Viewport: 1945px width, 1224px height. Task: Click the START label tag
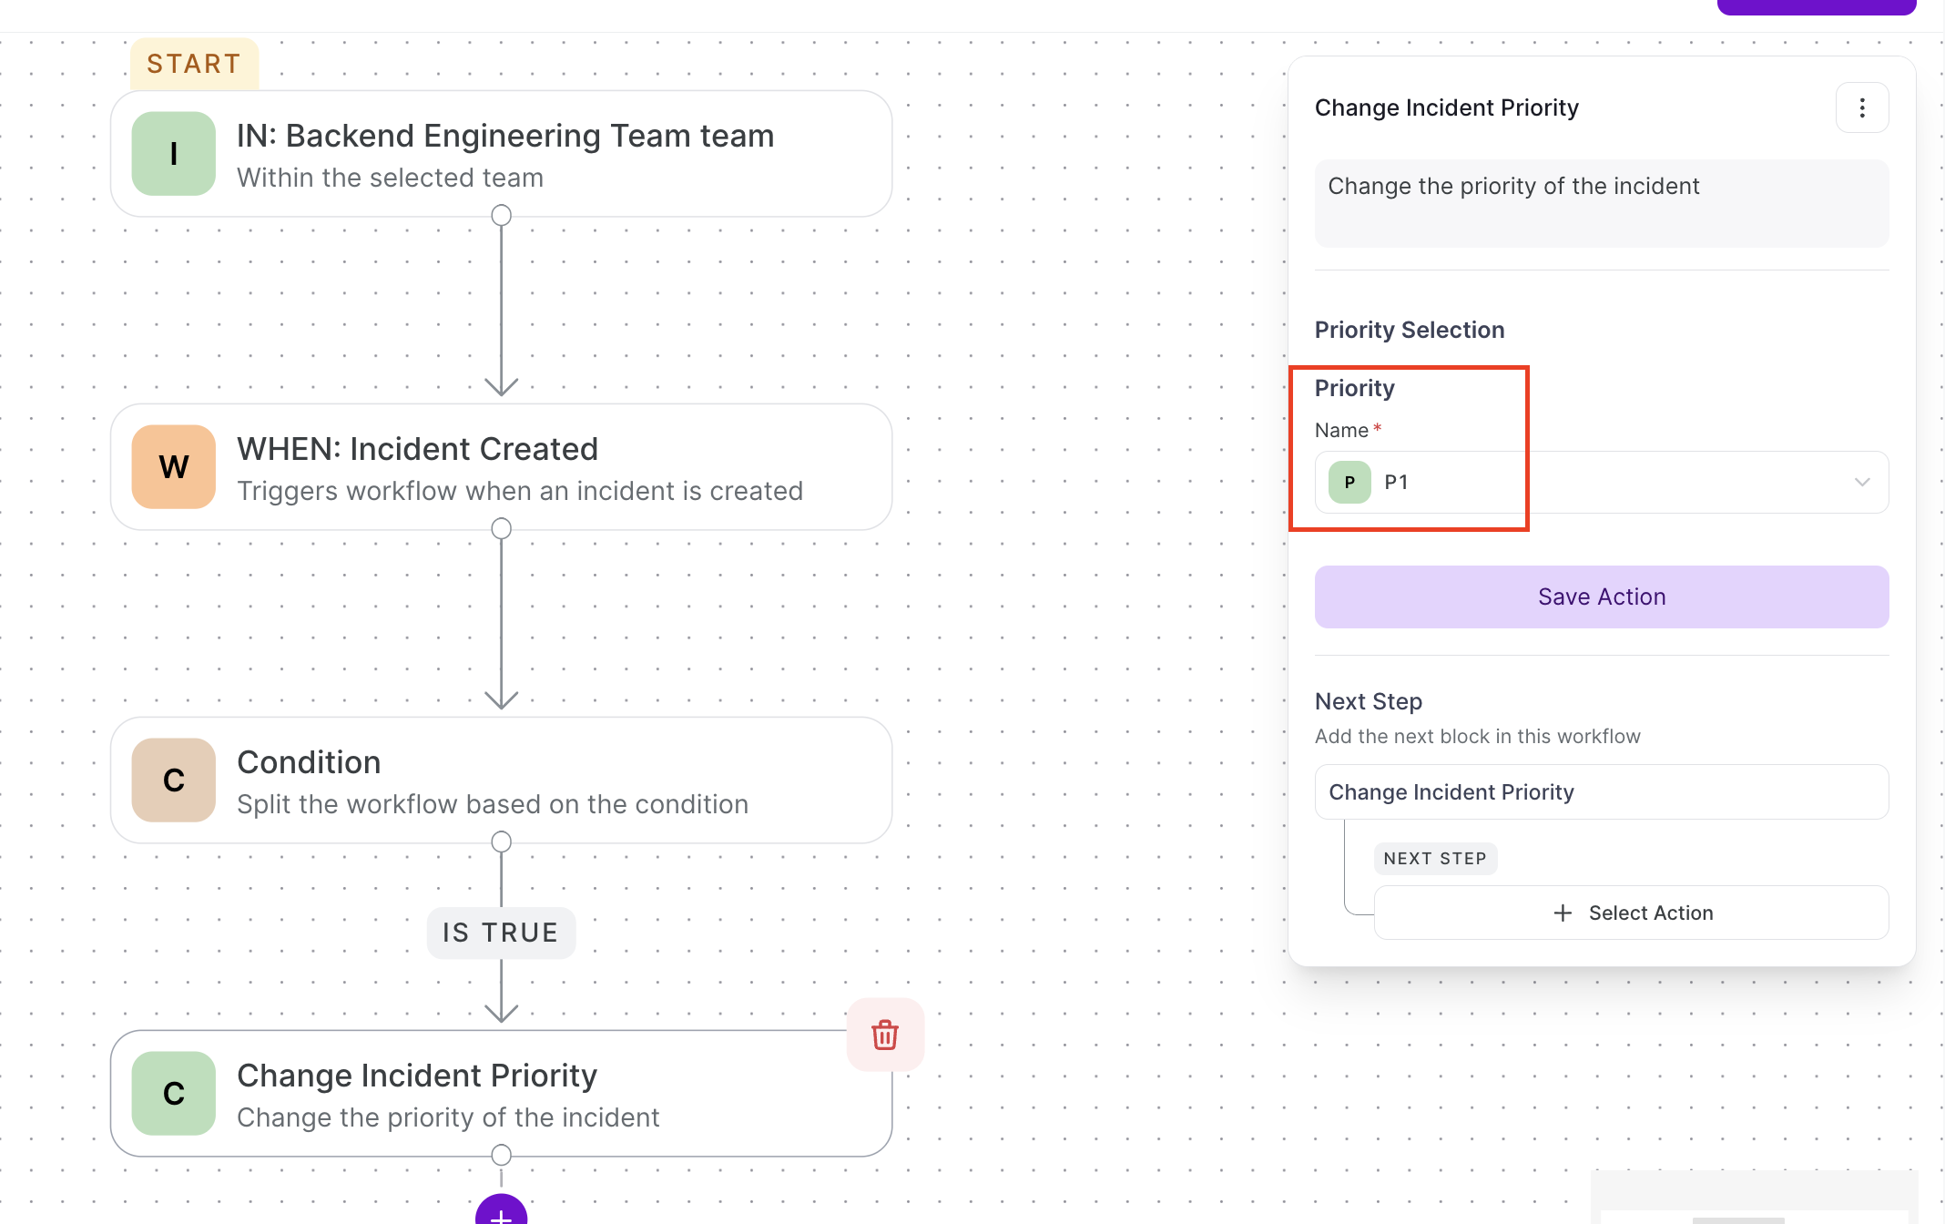coord(194,64)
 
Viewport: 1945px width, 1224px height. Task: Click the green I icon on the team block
coord(174,154)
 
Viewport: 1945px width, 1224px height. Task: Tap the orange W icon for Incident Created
coord(174,467)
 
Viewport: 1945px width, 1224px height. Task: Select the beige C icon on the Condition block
coord(174,780)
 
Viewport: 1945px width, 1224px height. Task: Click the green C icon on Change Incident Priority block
coord(174,1094)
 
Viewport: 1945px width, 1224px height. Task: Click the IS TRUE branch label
coord(501,933)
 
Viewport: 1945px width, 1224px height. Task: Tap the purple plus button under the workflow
coord(501,1211)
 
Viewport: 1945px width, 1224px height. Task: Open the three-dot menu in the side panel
coord(1862,108)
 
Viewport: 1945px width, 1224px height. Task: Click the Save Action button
coord(1602,597)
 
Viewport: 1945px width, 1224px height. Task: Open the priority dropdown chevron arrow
coord(1862,483)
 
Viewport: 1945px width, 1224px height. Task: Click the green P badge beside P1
coord(1349,483)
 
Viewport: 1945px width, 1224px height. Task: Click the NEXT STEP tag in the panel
coord(1435,859)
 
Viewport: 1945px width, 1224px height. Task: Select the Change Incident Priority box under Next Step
coord(1602,792)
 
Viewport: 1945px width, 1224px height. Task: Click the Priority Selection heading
coord(1410,330)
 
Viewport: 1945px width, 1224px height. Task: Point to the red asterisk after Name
coord(1378,427)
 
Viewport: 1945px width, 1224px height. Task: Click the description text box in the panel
coord(1602,204)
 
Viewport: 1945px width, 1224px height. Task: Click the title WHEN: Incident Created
coord(417,449)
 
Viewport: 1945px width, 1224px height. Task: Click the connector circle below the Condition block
coord(501,842)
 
